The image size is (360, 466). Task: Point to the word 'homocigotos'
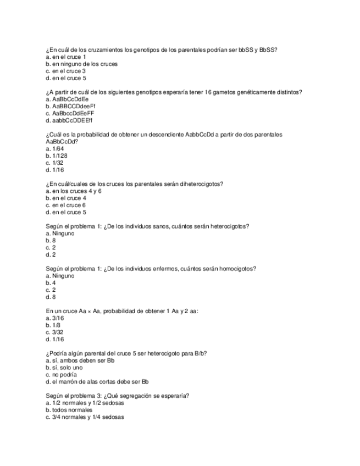point(237,269)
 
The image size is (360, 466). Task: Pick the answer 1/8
point(54,325)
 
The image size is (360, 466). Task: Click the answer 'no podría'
point(64,375)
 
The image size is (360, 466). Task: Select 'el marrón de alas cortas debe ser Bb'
point(97,382)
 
